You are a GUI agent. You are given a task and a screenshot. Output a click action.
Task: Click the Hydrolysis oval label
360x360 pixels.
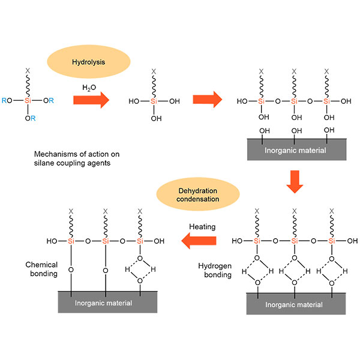coord(89,62)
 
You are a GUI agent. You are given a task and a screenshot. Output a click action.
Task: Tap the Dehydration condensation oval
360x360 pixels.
coord(198,194)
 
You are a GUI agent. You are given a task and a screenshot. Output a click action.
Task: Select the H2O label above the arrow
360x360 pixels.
coord(89,88)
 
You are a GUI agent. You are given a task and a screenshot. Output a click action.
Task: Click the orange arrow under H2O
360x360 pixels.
coord(91,100)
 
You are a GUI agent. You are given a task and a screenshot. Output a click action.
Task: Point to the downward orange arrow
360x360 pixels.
coord(295,182)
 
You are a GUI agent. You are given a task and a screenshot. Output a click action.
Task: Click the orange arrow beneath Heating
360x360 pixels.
coord(199,241)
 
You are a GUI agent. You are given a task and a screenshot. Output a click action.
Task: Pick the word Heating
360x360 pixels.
coord(202,227)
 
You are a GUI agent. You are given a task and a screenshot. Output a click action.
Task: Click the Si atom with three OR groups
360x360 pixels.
coord(28,101)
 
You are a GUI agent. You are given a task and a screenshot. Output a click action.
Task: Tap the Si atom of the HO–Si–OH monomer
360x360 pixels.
coord(154,101)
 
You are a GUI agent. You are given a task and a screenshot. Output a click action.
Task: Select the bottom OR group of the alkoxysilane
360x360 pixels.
coord(31,118)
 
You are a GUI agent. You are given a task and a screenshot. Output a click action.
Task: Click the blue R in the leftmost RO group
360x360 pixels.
coord(4,101)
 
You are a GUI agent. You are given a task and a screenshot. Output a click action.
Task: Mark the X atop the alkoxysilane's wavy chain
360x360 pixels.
coord(28,71)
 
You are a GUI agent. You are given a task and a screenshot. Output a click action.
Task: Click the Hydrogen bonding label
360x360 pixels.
coord(215,270)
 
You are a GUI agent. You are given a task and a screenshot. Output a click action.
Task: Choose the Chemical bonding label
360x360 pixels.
coord(41,269)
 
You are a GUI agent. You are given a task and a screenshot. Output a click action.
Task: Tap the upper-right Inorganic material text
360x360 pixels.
coord(295,151)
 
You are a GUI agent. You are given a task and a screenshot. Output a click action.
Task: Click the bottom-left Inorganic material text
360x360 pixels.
coord(103,303)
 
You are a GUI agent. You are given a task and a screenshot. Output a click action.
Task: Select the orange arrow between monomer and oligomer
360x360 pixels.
coord(208,100)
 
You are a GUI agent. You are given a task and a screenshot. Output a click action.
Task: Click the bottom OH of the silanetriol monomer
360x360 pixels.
coord(157,118)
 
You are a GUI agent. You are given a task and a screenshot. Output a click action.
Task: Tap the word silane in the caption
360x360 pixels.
coord(44,163)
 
